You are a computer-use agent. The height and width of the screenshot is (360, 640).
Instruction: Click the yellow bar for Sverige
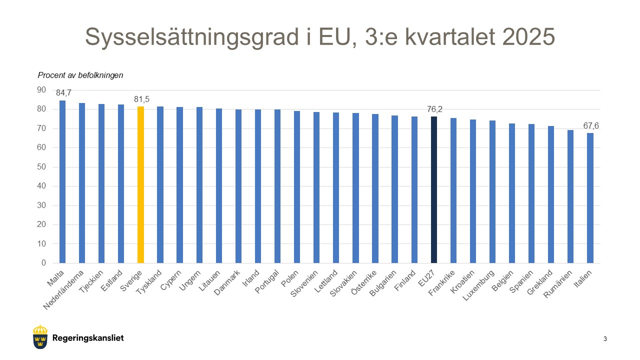140,184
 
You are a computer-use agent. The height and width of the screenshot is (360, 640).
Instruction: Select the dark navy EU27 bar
433,189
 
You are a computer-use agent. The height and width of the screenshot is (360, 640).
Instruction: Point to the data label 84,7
63,92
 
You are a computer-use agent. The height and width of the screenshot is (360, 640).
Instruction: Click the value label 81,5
141,99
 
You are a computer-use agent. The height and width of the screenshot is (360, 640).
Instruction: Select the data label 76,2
434,109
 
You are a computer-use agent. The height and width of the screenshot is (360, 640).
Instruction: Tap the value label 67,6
590,125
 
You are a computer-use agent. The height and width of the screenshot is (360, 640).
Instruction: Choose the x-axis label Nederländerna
64,290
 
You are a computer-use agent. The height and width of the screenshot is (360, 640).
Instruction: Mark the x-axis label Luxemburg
479,285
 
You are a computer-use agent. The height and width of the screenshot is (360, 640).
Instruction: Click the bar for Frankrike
453,190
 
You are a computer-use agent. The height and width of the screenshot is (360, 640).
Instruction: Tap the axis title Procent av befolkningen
80,75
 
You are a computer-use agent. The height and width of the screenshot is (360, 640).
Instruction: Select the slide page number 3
605,339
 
